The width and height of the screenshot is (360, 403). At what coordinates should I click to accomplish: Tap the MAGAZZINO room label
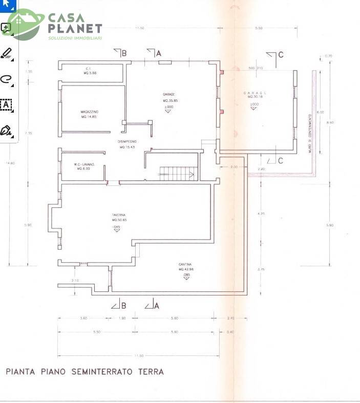pos(89,111)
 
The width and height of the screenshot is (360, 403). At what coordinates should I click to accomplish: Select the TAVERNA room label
pos(119,215)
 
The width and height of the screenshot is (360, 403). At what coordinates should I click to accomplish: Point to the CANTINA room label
pos(186,264)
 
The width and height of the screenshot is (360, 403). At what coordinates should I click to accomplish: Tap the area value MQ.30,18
pos(255,96)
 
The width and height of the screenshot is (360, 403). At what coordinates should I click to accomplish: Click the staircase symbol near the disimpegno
pos(177,174)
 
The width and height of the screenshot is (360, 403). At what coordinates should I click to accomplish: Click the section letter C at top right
pos(281,55)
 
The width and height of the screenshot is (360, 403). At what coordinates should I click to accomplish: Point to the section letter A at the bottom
pos(157,306)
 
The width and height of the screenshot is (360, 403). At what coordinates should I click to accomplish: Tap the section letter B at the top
pos(124,53)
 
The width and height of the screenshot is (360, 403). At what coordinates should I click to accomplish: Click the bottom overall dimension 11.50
pos(139,355)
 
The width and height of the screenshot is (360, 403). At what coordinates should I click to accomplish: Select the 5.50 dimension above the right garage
pos(259,28)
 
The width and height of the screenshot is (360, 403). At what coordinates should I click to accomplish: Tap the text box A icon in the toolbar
pos(7,104)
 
